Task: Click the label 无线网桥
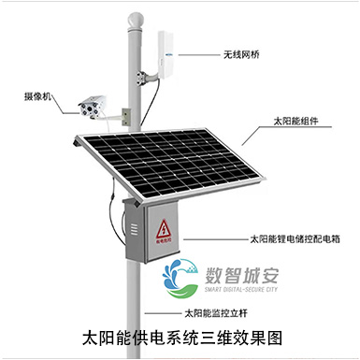coord(242,54)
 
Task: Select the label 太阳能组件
coord(293,122)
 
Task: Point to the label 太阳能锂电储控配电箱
coord(295,239)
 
